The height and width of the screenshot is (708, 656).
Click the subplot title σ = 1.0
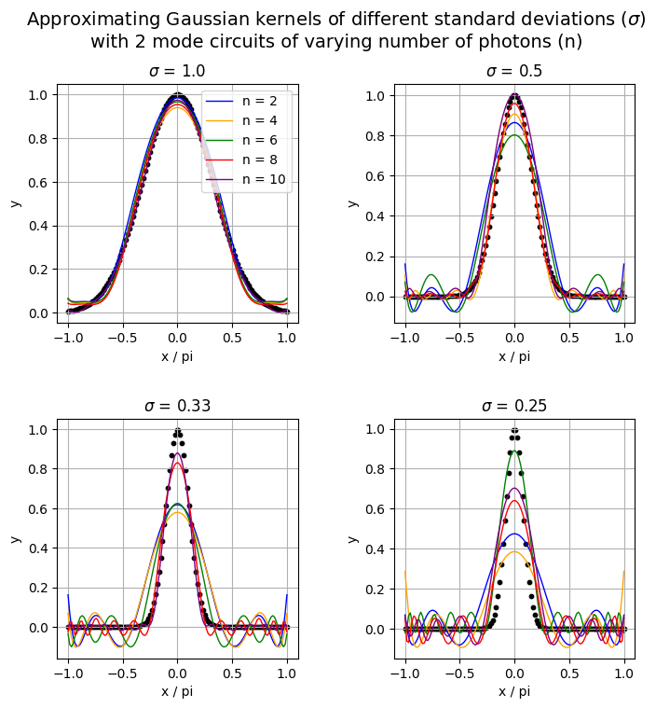(177, 72)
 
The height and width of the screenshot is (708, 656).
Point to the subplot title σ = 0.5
(514, 72)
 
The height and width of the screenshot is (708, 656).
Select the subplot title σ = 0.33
(177, 406)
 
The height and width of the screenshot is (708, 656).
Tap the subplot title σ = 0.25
(514, 406)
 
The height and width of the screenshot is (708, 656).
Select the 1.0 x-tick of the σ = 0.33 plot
(287, 673)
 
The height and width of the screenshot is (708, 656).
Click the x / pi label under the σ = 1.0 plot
(177, 356)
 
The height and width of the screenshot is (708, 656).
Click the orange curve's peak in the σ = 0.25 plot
(514, 551)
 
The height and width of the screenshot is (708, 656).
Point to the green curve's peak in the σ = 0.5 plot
(514, 135)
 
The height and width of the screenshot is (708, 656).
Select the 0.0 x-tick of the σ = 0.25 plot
(514, 673)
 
